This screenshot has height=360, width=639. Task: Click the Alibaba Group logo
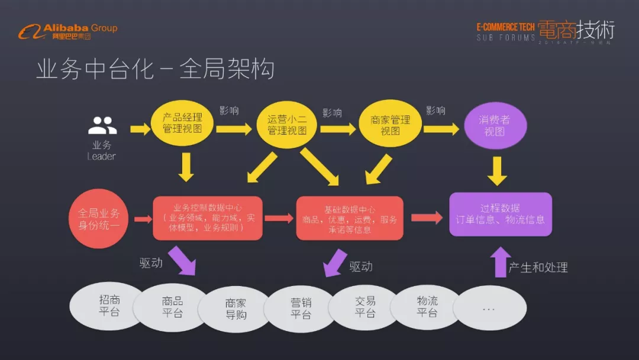click(67, 31)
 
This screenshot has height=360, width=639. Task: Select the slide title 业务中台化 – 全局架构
click(155, 69)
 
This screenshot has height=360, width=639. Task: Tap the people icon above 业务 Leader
click(102, 126)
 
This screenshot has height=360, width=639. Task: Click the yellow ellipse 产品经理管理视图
click(182, 123)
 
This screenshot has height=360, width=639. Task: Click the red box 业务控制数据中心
click(207, 218)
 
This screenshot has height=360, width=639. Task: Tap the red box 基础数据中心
click(350, 218)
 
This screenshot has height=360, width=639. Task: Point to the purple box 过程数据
click(500, 214)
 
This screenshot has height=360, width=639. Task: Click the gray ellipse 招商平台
click(109, 306)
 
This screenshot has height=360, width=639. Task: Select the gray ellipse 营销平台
click(301, 308)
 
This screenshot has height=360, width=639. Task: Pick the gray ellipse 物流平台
click(427, 307)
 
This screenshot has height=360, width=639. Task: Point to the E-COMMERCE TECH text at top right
click(505, 27)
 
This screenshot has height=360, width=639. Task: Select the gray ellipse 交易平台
click(365, 307)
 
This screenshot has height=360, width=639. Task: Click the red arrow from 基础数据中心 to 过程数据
click(427, 217)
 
